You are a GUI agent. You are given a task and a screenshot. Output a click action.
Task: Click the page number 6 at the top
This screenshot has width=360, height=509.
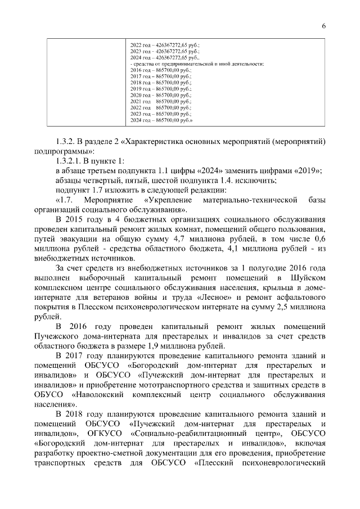point(324,25)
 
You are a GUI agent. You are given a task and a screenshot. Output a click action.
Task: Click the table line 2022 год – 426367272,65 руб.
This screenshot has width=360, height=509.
point(165,44)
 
